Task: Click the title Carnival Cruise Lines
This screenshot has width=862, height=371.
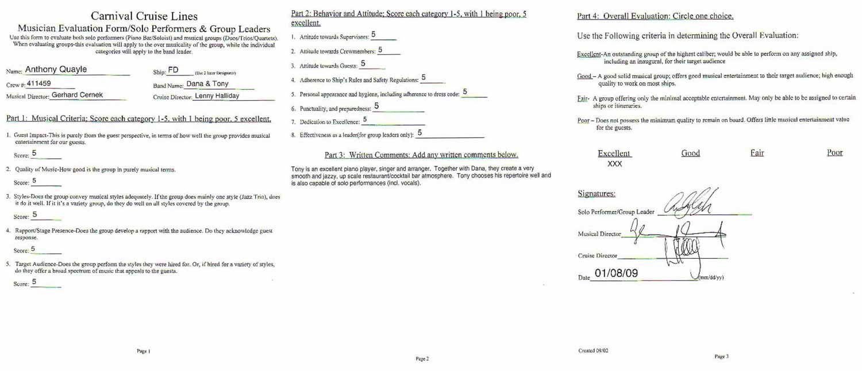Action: [x=144, y=16]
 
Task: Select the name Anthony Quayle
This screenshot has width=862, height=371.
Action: [x=56, y=70]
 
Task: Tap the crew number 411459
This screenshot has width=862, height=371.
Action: [x=39, y=83]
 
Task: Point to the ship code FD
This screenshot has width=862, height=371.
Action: [x=173, y=70]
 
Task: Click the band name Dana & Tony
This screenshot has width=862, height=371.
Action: [x=207, y=83]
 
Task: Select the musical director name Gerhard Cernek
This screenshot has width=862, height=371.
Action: [x=77, y=95]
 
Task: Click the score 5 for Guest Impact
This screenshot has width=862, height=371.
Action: [x=34, y=153]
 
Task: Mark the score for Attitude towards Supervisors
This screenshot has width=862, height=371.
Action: [x=374, y=35]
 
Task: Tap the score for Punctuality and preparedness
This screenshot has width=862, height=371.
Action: [x=376, y=106]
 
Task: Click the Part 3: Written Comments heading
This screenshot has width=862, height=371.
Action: [x=421, y=155]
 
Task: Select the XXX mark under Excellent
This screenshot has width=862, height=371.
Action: [x=615, y=164]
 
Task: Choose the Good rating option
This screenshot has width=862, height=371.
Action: [x=690, y=153]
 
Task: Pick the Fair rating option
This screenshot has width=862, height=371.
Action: [x=757, y=152]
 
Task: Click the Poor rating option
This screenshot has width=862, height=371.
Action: [x=834, y=152]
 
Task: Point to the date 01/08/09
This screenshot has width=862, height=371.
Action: [x=616, y=273]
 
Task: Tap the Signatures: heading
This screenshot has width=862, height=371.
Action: [x=596, y=194]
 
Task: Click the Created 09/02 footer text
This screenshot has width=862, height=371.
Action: [x=592, y=350]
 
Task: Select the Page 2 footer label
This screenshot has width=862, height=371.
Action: [x=422, y=359]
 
